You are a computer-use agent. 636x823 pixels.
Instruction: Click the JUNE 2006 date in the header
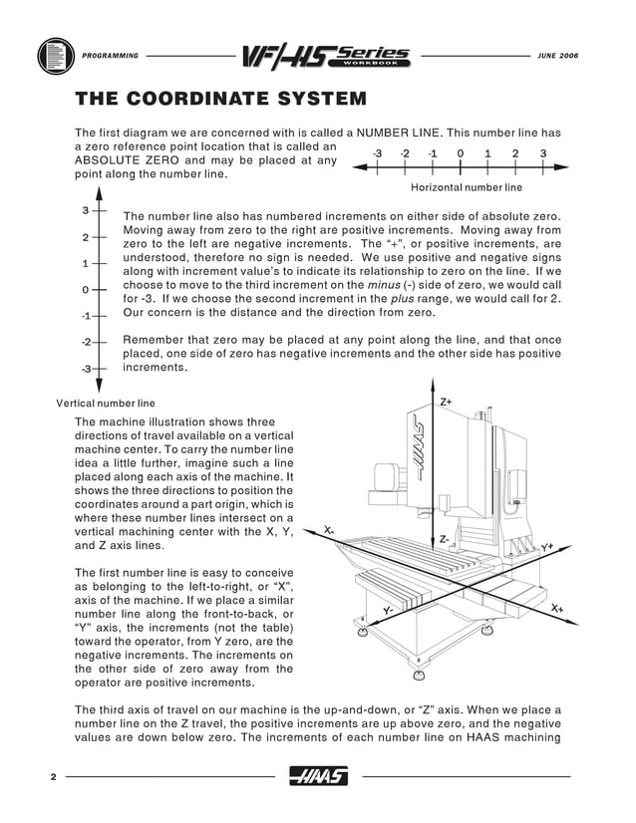point(556,55)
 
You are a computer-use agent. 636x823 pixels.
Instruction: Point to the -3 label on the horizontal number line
point(376,153)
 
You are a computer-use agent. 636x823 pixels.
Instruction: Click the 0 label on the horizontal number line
point(460,153)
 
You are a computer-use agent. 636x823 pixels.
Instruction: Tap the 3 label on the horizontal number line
point(542,153)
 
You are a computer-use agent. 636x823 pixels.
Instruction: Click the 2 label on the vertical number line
point(85,237)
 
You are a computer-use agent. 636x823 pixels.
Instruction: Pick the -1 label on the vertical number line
point(86,316)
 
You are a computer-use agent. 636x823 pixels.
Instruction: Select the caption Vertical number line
point(108,404)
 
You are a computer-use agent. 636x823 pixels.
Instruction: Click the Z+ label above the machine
point(446,402)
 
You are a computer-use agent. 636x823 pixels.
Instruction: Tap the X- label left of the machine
point(329,530)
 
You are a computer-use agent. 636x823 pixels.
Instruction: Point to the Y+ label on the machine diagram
point(547,547)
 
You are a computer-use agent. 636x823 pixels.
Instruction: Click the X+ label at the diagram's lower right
point(556,607)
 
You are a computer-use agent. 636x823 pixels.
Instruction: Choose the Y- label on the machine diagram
point(389,609)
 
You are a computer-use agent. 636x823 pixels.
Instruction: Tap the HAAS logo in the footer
point(317,776)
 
